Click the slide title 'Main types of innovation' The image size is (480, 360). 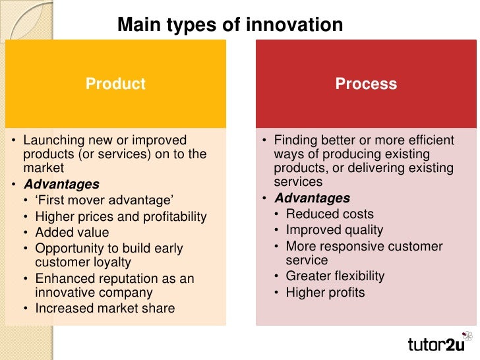pos(230,25)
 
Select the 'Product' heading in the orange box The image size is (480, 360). pos(115,84)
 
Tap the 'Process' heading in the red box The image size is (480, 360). pos(366,84)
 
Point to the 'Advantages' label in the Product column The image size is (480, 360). pos(61,185)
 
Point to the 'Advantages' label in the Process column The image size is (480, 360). pos(313,198)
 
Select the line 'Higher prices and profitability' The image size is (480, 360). pos(121,216)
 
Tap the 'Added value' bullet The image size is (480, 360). pos(72,232)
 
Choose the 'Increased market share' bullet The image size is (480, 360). pos(105,308)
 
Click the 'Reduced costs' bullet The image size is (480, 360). pos(330,214)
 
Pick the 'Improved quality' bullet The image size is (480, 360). pos(334,230)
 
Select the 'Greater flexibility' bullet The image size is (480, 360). pos(335,276)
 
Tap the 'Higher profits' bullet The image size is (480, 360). pos(325,292)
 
